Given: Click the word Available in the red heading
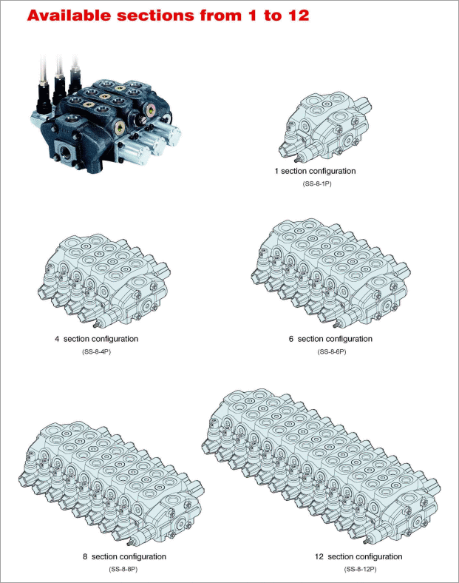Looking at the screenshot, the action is click(x=69, y=16).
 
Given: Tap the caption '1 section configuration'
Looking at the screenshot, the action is click(x=316, y=171).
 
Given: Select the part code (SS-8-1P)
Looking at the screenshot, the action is click(x=317, y=183).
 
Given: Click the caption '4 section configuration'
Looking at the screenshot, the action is click(x=97, y=339).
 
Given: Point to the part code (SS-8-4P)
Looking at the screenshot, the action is click(x=97, y=351).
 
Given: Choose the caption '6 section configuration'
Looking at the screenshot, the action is click(x=330, y=339).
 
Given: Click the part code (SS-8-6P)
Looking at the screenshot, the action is click(x=332, y=351).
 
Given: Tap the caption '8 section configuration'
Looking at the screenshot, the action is click(x=124, y=556).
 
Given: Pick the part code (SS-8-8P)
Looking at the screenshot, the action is click(x=123, y=569).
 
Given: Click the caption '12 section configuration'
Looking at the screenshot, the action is click(x=358, y=556).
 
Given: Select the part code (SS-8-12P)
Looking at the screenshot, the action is click(x=360, y=569).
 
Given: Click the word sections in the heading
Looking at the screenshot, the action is click(x=156, y=16).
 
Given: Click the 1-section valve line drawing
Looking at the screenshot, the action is click(x=325, y=127).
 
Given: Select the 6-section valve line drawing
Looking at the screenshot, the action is click(x=330, y=273).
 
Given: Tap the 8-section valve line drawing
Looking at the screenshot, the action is click(x=110, y=483).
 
